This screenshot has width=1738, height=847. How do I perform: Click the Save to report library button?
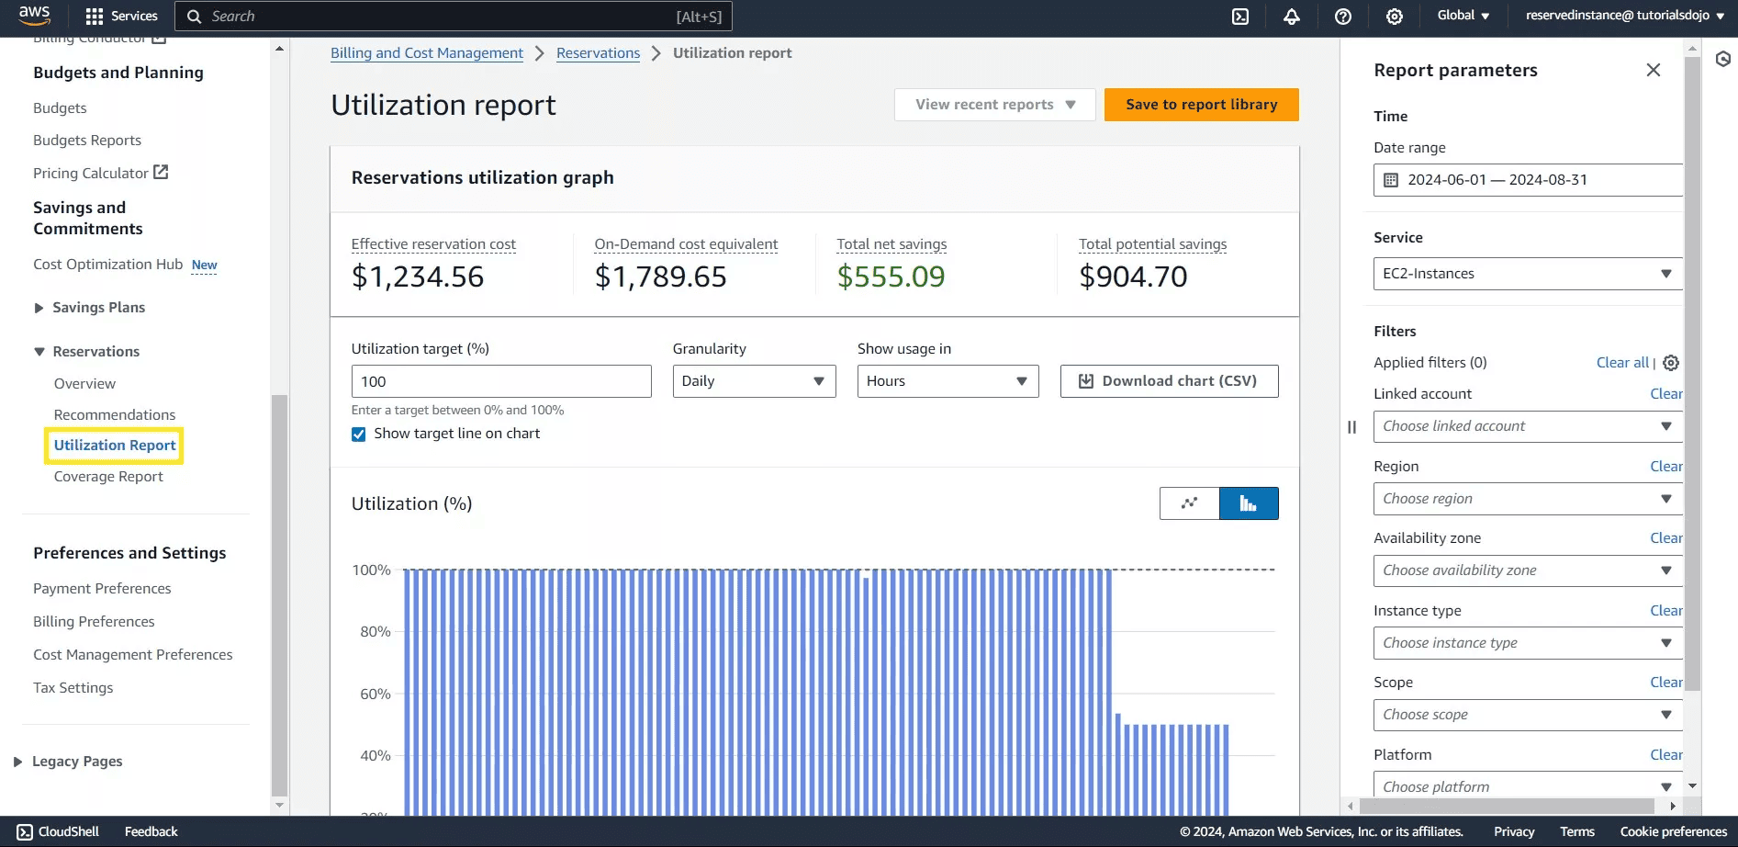pos(1201,105)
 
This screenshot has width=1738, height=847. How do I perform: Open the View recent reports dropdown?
pos(994,105)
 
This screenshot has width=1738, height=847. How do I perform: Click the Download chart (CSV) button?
pos(1169,381)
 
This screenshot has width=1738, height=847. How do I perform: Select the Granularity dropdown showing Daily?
pos(753,381)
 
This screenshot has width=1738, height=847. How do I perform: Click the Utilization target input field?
pos(500,381)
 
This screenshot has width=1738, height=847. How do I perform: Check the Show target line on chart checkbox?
pos(359,435)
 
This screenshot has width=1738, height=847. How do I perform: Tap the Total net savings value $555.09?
pos(891,277)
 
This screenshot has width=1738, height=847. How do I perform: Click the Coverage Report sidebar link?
pos(108,477)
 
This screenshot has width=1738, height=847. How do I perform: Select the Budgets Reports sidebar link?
pos(87,141)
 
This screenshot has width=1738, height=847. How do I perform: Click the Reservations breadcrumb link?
pos(598,53)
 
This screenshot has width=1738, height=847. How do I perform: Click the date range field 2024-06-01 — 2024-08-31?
pos(1528,180)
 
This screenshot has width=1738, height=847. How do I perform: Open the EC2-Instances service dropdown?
pos(1528,274)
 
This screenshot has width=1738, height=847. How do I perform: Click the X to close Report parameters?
pos(1653,71)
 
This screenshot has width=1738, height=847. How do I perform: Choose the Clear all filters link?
pos(1622,363)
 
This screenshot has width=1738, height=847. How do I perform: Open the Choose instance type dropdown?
pos(1528,643)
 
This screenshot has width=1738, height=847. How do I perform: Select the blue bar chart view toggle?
pos(1248,503)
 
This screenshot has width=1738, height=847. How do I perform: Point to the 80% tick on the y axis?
pos(375,632)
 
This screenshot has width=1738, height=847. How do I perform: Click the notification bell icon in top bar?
pos(1291,17)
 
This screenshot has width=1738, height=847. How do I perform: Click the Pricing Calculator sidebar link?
pos(91,174)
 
